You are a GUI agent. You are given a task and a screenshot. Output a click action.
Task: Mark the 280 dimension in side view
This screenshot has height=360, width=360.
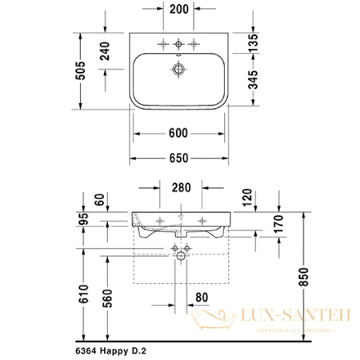tap(181, 189)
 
